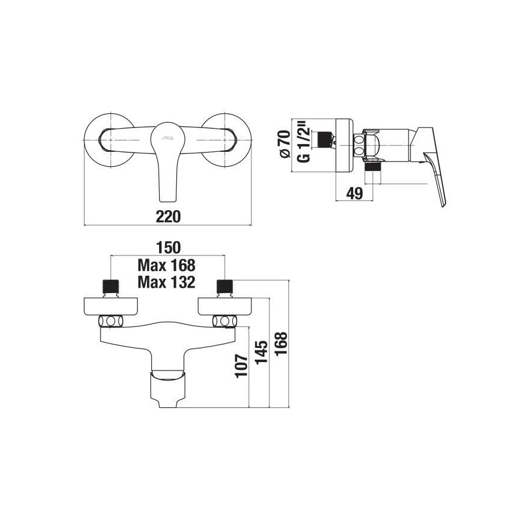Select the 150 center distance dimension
(166, 247)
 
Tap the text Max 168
(166, 264)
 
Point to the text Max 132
(166, 282)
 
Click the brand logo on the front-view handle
(166, 136)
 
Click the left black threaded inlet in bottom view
(111, 286)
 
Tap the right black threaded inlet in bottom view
(225, 286)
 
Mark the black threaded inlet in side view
(323, 140)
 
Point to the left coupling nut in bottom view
(111, 322)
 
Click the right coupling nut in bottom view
(225, 322)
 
